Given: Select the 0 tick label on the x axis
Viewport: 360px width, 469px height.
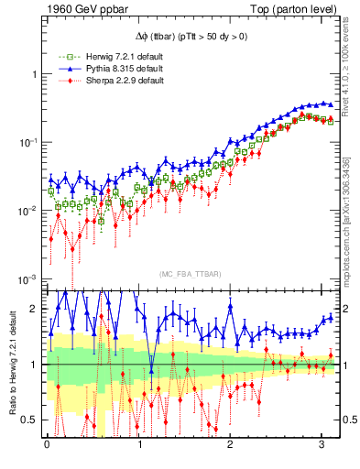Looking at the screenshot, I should tap(48, 444).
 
